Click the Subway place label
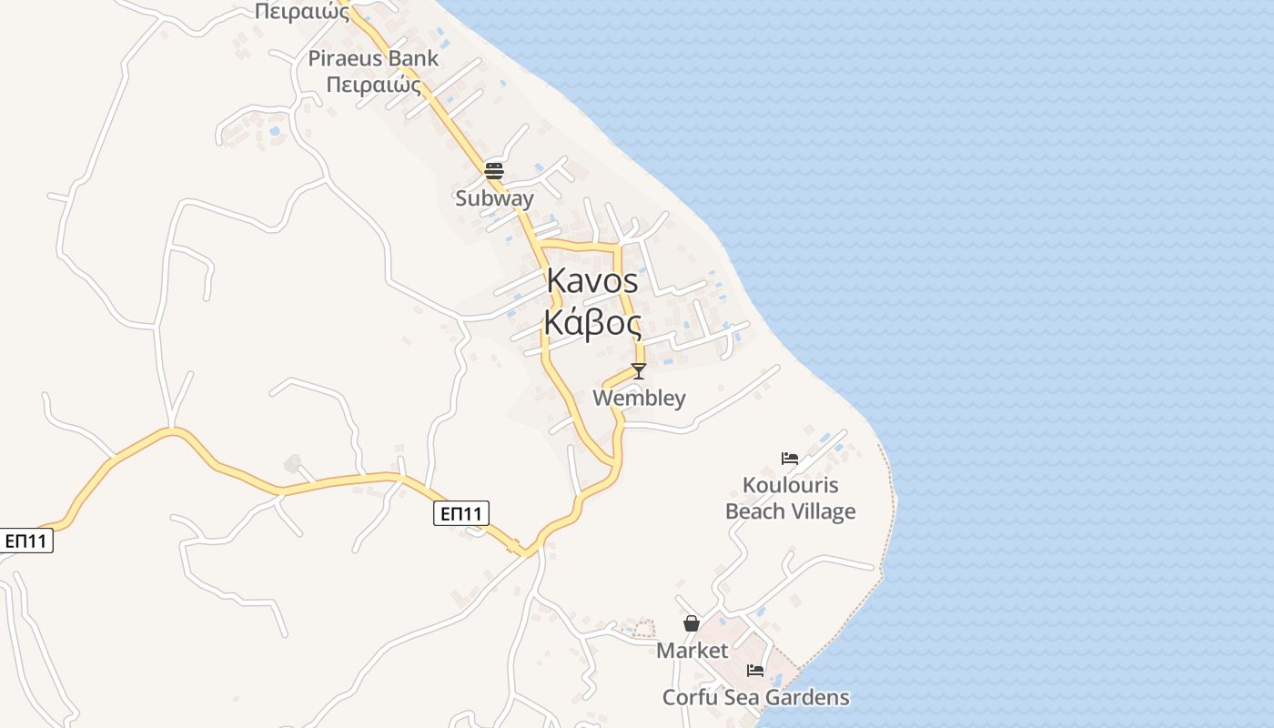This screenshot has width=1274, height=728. click(x=494, y=198)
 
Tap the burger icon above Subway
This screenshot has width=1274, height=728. click(x=494, y=170)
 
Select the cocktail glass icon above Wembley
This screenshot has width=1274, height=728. click(x=639, y=370)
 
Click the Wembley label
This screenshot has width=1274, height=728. click(x=639, y=399)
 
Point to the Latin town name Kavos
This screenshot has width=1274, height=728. click(x=592, y=282)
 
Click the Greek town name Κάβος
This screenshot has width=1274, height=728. click(x=592, y=322)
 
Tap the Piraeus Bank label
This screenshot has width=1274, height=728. click(x=373, y=59)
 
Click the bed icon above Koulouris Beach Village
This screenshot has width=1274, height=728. click(x=790, y=459)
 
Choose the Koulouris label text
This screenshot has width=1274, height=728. click(x=790, y=485)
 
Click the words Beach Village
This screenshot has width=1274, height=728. click(x=790, y=511)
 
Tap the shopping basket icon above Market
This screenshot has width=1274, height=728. click(x=692, y=623)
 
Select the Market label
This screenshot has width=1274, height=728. click(x=692, y=651)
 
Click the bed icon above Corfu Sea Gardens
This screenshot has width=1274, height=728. click(x=755, y=671)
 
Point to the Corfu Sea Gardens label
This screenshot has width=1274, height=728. click(x=755, y=698)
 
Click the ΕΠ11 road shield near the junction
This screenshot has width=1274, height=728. click(x=460, y=514)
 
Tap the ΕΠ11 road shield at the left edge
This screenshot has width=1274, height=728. click(x=25, y=541)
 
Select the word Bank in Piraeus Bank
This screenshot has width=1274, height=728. click(x=412, y=59)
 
